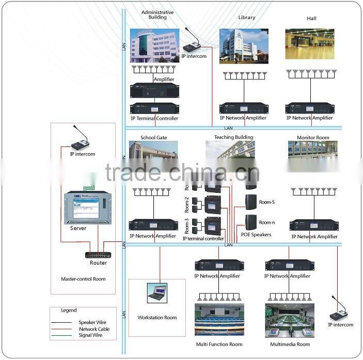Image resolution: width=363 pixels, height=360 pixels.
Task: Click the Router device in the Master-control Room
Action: (x=98, y=254)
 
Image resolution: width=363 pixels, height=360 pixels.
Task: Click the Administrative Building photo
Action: (x=154, y=45)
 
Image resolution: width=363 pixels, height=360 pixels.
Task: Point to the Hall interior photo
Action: (x=310, y=44)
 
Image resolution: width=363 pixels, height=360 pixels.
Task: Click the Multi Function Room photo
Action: (x=219, y=320)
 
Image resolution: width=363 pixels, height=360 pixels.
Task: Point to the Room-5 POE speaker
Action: (x=251, y=202)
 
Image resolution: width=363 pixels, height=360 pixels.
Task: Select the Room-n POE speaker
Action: (x=251, y=222)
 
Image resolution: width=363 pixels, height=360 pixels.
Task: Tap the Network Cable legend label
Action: (x=94, y=329)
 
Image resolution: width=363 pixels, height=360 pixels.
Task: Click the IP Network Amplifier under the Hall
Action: (x=309, y=108)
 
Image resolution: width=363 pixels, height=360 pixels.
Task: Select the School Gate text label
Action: (x=154, y=138)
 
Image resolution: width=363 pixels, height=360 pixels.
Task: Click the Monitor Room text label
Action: (x=313, y=138)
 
